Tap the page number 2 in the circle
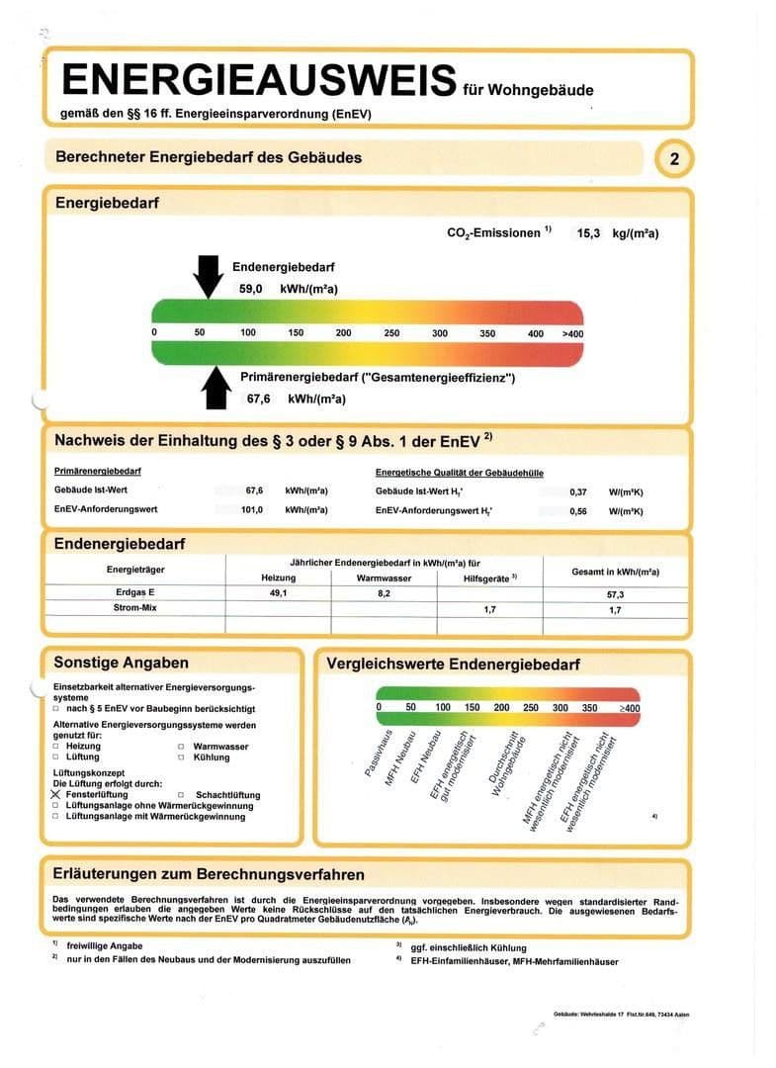pyautogui.click(x=674, y=159)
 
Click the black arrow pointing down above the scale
pyautogui.click(x=209, y=275)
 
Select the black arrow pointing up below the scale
pyautogui.click(x=215, y=386)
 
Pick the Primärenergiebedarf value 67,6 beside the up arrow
pyautogui.click(x=259, y=399)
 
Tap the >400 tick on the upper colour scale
pyautogui.click(x=572, y=333)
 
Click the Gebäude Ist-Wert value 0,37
pyautogui.click(x=578, y=490)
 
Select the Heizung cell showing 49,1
pyautogui.click(x=270, y=592)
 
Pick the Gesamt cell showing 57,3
pyautogui.click(x=615, y=593)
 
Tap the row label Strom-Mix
pyautogui.click(x=135, y=608)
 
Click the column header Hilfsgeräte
pyautogui.click(x=484, y=578)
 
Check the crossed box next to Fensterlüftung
pyautogui.click(x=56, y=795)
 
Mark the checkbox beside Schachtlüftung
pyautogui.click(x=181, y=795)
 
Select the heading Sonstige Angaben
pyautogui.click(x=121, y=663)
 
